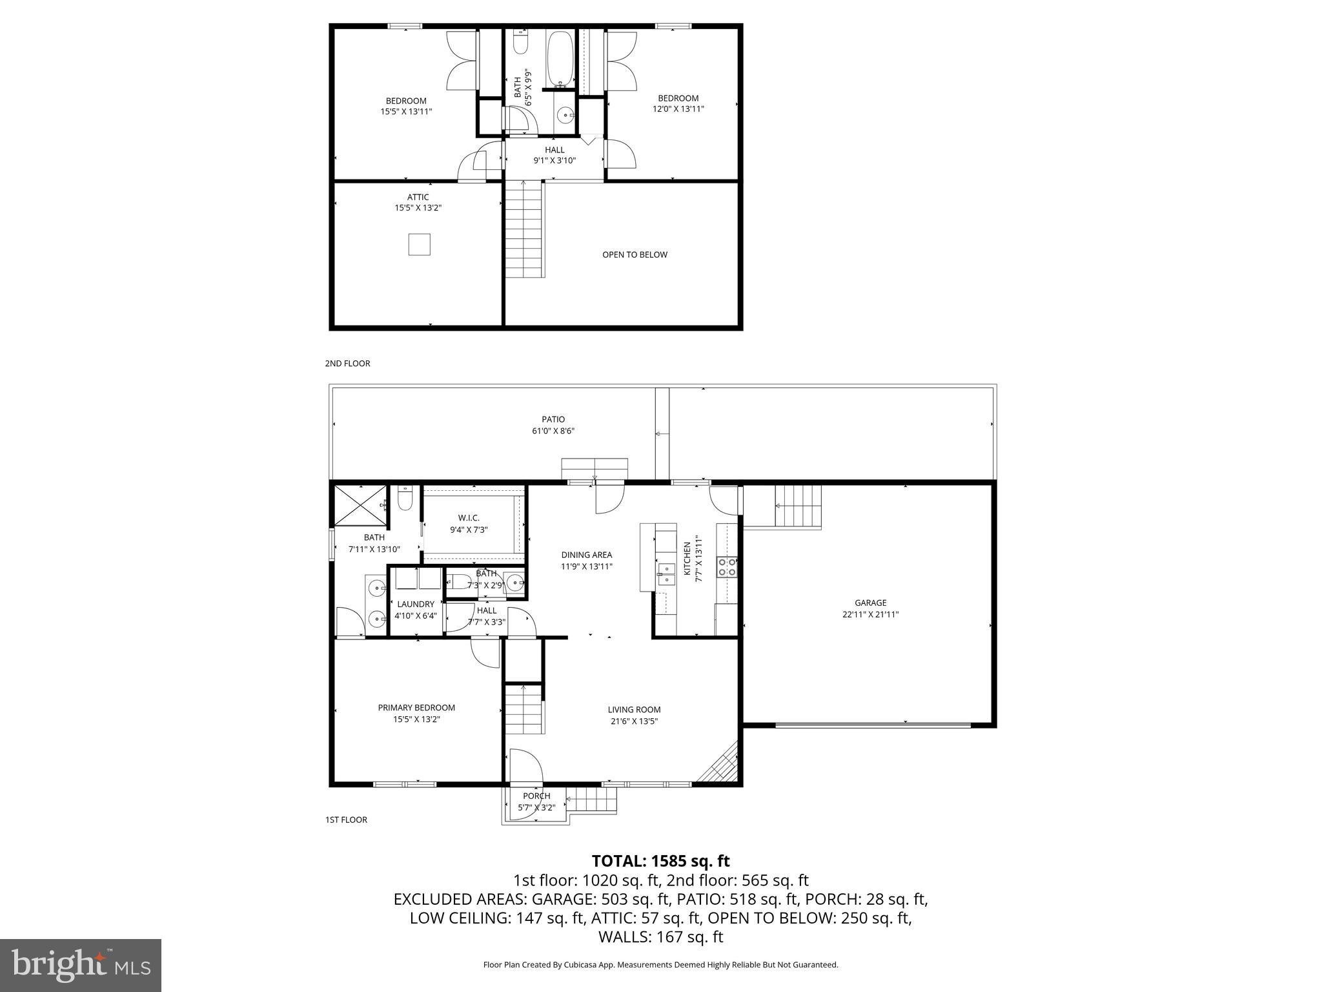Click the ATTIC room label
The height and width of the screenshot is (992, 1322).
418,198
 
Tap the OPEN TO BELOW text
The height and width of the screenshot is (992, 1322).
635,254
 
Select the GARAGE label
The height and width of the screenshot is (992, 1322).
870,603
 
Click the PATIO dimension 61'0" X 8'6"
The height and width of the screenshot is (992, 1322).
553,431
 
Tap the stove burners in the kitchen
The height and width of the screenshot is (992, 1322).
727,567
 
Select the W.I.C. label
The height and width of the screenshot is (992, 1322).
469,518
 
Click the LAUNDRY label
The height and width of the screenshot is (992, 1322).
416,604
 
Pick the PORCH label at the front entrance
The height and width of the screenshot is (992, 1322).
536,796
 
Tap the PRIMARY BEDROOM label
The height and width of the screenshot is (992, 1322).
416,708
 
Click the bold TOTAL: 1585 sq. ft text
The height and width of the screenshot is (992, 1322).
660,861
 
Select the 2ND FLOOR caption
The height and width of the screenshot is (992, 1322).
347,364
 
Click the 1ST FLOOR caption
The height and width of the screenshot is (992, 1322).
346,820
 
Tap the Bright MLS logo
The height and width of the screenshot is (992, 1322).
81,965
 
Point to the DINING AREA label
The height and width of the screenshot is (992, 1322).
586,555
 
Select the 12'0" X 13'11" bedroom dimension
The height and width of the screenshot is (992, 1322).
678,109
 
